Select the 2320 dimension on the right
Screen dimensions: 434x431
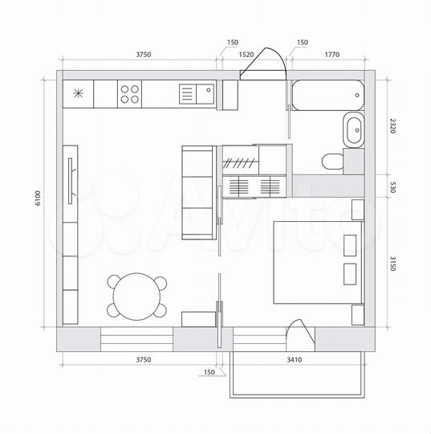[x=393, y=126]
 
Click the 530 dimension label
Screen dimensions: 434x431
[x=393, y=186]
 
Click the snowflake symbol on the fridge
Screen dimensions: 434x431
[x=78, y=93]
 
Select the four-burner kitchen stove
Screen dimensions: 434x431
[x=129, y=94]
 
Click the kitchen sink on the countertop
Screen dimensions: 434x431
[x=196, y=94]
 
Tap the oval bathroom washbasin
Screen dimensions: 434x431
[x=353, y=129]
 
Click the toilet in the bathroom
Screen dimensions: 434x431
[x=331, y=161]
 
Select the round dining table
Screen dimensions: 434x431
[x=136, y=297]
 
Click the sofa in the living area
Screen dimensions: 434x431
[x=198, y=194]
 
